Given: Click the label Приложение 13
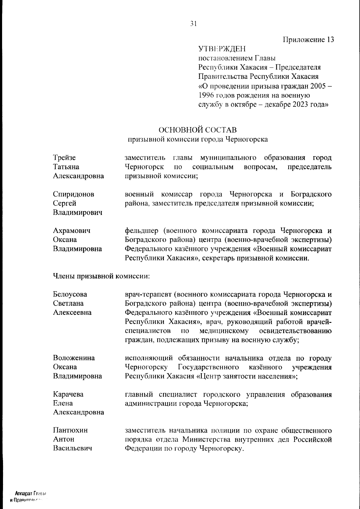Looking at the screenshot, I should (308, 40).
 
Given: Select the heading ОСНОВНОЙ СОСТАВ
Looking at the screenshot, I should (197, 130).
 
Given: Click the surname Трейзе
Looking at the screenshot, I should (64, 158).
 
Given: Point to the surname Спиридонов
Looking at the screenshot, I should (73, 194).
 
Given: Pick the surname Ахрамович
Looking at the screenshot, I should (72, 231).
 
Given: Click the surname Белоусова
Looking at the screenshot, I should (70, 294).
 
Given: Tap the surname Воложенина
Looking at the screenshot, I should (74, 358).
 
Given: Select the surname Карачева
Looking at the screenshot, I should (68, 394).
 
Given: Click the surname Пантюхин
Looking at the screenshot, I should (70, 430).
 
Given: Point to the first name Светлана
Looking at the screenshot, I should (68, 303).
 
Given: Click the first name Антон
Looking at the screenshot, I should (63, 439).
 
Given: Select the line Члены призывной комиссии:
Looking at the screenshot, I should (101, 276).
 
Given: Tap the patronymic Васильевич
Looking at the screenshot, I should (72, 448).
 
